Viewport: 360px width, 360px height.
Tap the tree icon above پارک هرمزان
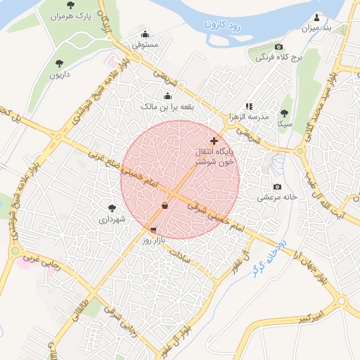click(70, 5)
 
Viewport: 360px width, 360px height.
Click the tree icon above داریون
click(56, 63)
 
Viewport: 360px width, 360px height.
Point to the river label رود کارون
click(223, 25)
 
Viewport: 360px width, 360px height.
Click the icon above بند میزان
click(316, 18)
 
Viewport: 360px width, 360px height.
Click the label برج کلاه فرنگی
click(278, 58)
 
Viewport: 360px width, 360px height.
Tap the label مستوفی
click(146, 44)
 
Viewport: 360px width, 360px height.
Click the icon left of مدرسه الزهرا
click(248, 106)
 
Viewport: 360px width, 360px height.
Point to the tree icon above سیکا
click(284, 112)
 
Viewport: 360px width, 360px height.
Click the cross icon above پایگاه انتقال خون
click(214, 141)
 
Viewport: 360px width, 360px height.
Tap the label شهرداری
click(112, 219)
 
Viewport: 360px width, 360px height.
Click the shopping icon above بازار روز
click(153, 229)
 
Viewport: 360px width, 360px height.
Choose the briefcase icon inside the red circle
click(165, 206)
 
